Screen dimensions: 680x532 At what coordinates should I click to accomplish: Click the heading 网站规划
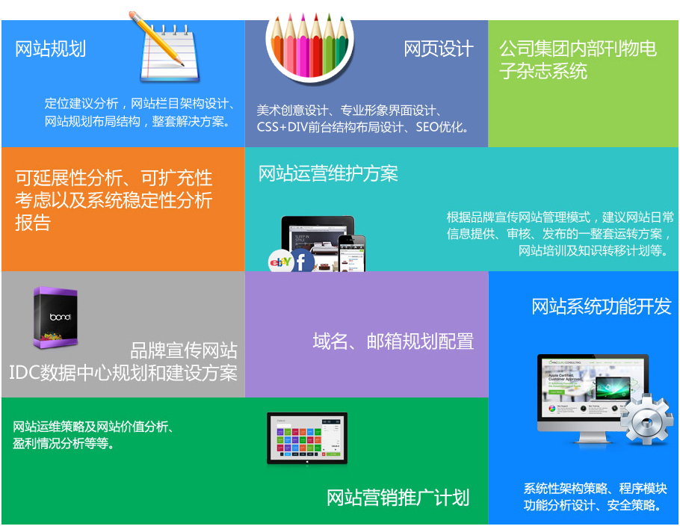coord(50,49)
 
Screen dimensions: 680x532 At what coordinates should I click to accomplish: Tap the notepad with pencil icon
coord(165,47)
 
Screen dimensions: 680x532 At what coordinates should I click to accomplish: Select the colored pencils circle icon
coord(309,44)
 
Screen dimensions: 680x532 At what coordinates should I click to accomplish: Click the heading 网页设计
coord(438,49)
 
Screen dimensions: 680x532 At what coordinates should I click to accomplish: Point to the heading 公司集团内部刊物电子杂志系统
coord(578,60)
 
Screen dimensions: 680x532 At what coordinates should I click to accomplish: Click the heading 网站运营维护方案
coord(328,173)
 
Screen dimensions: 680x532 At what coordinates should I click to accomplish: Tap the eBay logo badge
coord(280,262)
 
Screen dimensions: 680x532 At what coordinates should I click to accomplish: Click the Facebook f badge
coord(302,261)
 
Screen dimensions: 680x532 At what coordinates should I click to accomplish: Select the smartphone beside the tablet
coord(352,253)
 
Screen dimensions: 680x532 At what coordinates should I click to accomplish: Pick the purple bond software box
coord(55,318)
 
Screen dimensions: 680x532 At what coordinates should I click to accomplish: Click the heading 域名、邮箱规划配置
coord(393,341)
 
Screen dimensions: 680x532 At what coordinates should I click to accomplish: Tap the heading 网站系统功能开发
coord(601,306)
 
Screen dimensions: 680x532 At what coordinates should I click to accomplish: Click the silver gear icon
coord(646,418)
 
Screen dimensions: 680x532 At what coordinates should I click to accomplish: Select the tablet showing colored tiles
coord(307,439)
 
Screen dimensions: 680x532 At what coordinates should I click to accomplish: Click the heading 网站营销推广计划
coord(398,498)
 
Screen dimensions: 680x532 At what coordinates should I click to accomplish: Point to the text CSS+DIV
coord(282,127)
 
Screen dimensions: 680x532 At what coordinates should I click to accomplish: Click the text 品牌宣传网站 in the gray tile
coord(183,350)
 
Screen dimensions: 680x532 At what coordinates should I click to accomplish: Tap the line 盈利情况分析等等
coord(64,444)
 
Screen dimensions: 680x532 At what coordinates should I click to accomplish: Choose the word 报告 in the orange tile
coord(33,223)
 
